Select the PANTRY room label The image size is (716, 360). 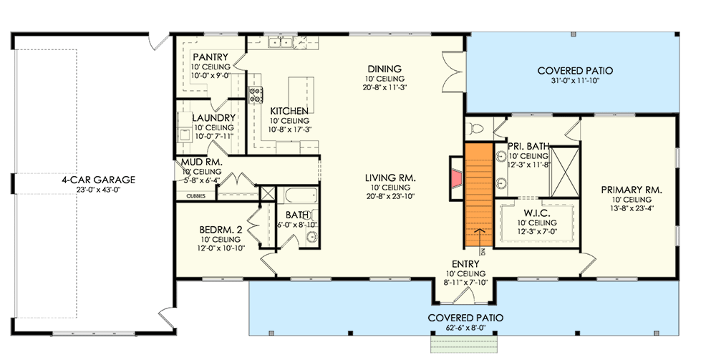tap(210, 57)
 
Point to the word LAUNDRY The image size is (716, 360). tap(213, 118)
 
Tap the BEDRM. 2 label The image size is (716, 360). tap(222, 230)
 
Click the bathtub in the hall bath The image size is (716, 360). tap(296, 195)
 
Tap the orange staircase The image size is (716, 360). tap(479, 190)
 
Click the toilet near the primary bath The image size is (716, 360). tap(477, 129)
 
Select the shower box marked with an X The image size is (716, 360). tap(564, 170)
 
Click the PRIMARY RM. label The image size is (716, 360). tap(631, 190)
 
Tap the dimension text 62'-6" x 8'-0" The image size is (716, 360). tap(465, 328)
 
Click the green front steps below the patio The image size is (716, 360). tap(465, 346)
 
